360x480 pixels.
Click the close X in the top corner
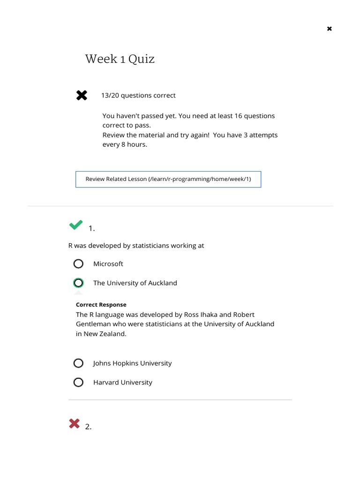point(330,29)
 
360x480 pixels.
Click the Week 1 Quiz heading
point(120,59)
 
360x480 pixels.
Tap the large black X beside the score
point(82,96)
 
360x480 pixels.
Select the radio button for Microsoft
point(78,264)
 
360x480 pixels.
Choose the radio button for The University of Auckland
point(78,283)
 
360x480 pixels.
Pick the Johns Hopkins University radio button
point(78,363)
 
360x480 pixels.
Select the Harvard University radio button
point(78,382)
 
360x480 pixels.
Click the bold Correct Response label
point(101,305)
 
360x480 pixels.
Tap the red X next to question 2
point(74,424)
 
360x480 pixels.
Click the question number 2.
point(88,427)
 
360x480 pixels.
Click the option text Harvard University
point(122,382)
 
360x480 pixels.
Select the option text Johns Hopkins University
point(132,363)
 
